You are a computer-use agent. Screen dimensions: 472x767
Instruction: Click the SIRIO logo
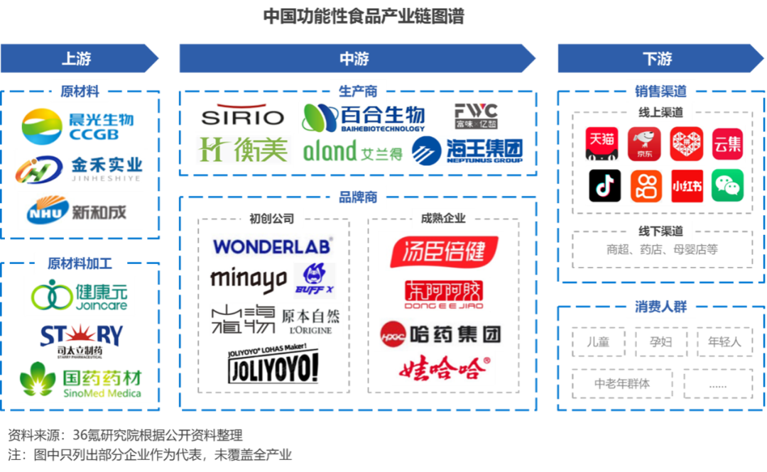tap(243, 116)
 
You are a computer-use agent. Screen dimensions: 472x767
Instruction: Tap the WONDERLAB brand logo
tap(272, 246)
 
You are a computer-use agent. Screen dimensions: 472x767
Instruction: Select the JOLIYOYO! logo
tap(273, 365)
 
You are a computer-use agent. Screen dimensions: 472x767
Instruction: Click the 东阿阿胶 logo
tap(443, 295)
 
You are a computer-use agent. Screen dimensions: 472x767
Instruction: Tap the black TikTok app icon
tap(604, 186)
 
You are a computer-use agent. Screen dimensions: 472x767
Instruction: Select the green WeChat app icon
tap(728, 186)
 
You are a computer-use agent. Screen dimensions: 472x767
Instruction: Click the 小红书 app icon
tap(687, 186)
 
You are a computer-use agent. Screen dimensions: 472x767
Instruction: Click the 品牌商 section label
tap(357, 197)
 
